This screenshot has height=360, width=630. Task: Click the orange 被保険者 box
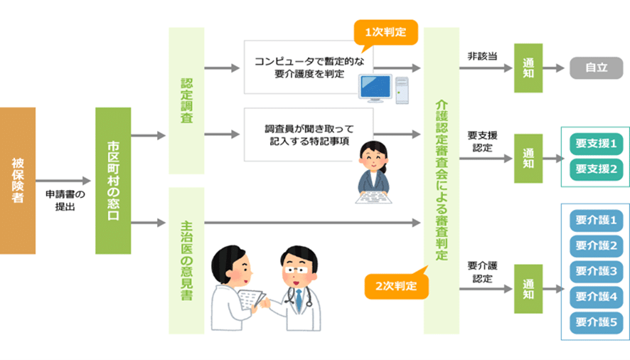tap(18, 181)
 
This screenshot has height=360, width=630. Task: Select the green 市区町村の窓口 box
tap(113, 181)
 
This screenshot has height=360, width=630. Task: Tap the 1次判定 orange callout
tap(385, 33)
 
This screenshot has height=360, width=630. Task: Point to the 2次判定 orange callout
tap(396, 285)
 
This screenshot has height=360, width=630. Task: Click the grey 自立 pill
tap(597, 68)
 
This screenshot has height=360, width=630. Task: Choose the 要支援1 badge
tap(597, 144)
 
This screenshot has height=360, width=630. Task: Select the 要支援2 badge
tap(597, 169)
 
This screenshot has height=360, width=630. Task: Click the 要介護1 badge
tap(597, 220)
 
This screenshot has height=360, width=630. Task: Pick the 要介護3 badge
tap(597, 271)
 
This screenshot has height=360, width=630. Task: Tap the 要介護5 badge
tap(597, 322)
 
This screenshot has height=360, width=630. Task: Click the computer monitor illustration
tap(375, 88)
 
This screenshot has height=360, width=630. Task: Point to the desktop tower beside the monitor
tap(402, 90)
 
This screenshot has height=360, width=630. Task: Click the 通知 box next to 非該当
tap(528, 68)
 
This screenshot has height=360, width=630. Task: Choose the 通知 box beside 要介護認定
tap(528, 289)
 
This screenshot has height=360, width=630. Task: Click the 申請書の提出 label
tap(65, 201)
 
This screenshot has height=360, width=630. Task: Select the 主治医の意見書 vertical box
tap(186, 260)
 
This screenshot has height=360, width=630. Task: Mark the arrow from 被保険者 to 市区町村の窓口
tap(63, 181)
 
